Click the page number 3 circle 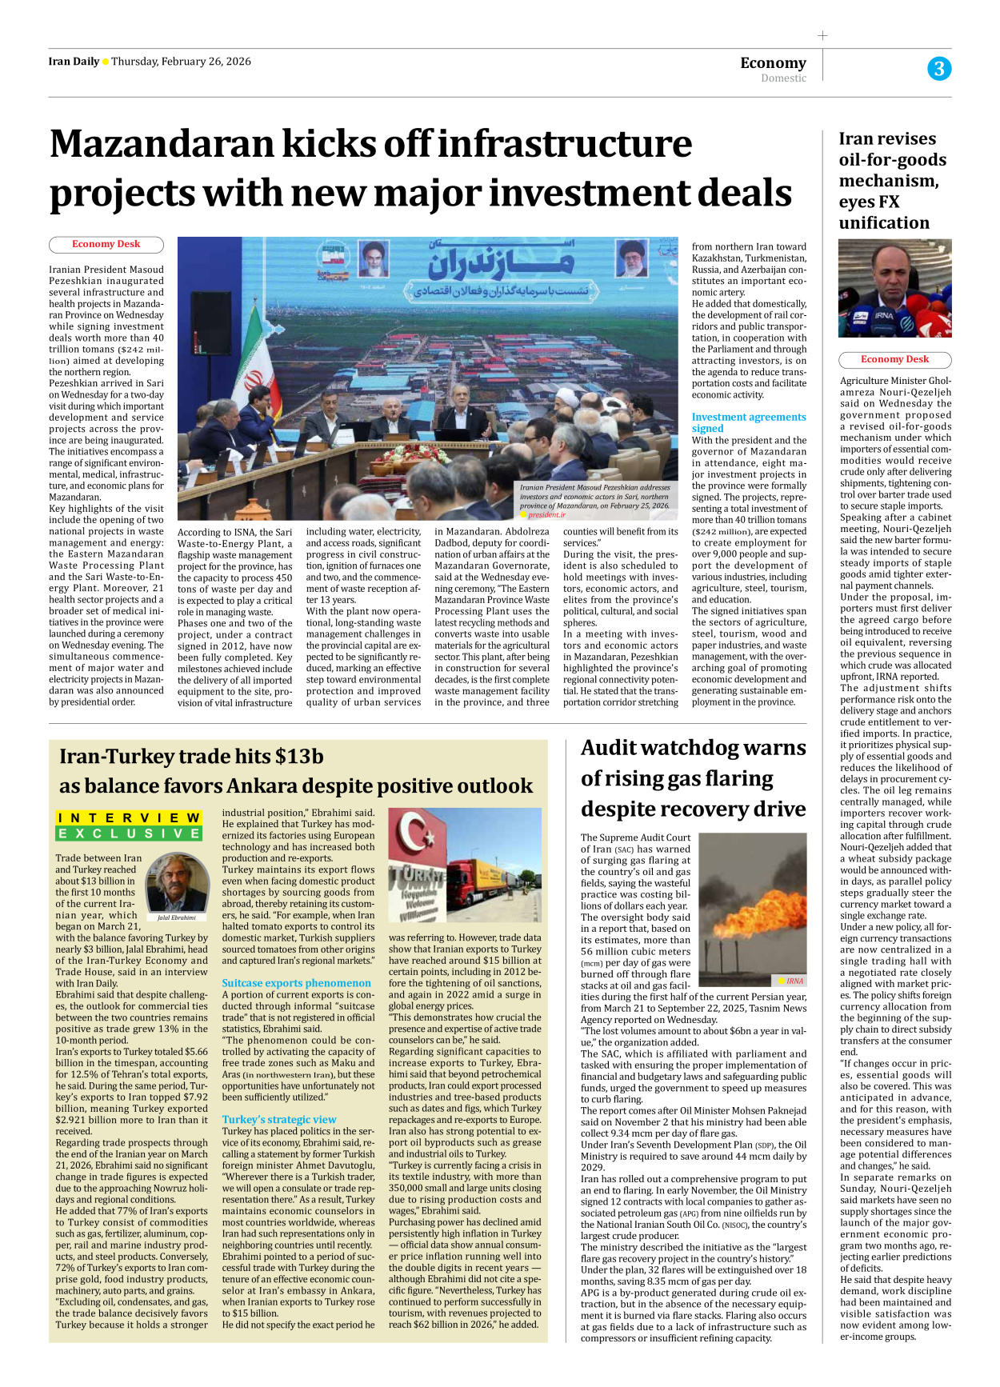tap(939, 69)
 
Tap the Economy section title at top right tap(773, 62)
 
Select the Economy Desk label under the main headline tap(106, 245)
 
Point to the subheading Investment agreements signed tap(748, 422)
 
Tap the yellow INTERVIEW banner tap(129, 817)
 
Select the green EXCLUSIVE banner tap(129, 833)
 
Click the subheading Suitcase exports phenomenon tap(296, 983)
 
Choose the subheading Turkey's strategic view tap(278, 1120)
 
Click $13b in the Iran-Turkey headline tap(299, 757)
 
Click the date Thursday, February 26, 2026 tap(181, 62)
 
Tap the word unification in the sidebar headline tap(883, 223)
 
